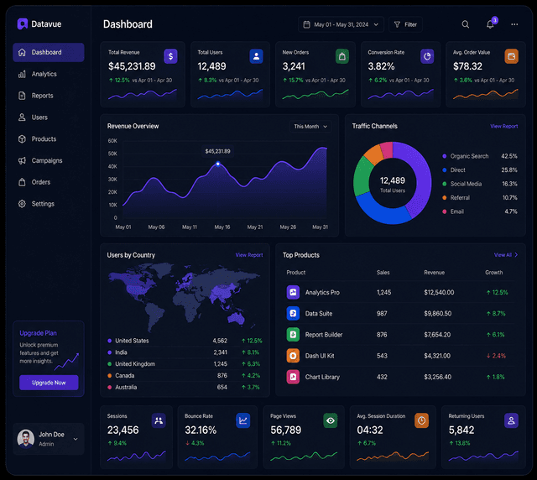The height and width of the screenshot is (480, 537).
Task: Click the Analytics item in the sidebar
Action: pos(38,74)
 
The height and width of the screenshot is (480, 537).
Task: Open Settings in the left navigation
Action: pos(36,204)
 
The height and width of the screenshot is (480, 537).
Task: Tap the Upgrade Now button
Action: pos(49,383)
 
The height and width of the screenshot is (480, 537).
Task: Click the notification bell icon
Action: pos(490,24)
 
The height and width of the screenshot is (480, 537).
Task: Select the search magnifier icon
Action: pos(466,24)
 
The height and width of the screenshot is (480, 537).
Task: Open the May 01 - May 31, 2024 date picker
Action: pos(341,24)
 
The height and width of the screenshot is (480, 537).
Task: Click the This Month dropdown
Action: pos(310,127)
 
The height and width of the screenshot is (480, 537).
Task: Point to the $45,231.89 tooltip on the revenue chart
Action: pos(217,151)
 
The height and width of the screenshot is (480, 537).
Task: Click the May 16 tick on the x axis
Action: pos(222,227)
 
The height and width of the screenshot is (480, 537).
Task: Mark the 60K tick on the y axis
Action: pos(112,141)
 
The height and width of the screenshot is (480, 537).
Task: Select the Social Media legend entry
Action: pos(462,184)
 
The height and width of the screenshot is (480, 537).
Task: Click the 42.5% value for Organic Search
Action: pos(509,156)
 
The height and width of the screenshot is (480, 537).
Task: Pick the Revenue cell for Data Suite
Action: pos(438,314)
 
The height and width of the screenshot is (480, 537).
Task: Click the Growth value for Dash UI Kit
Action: pos(496,356)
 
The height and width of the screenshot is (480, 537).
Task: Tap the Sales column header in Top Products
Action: pos(383,273)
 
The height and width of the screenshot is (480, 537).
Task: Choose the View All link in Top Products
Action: pos(505,255)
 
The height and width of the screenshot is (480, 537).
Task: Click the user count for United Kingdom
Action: pos(220,364)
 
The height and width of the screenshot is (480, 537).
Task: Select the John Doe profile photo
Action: pos(26,439)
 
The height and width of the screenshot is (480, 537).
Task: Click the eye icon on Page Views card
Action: pos(330,420)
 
